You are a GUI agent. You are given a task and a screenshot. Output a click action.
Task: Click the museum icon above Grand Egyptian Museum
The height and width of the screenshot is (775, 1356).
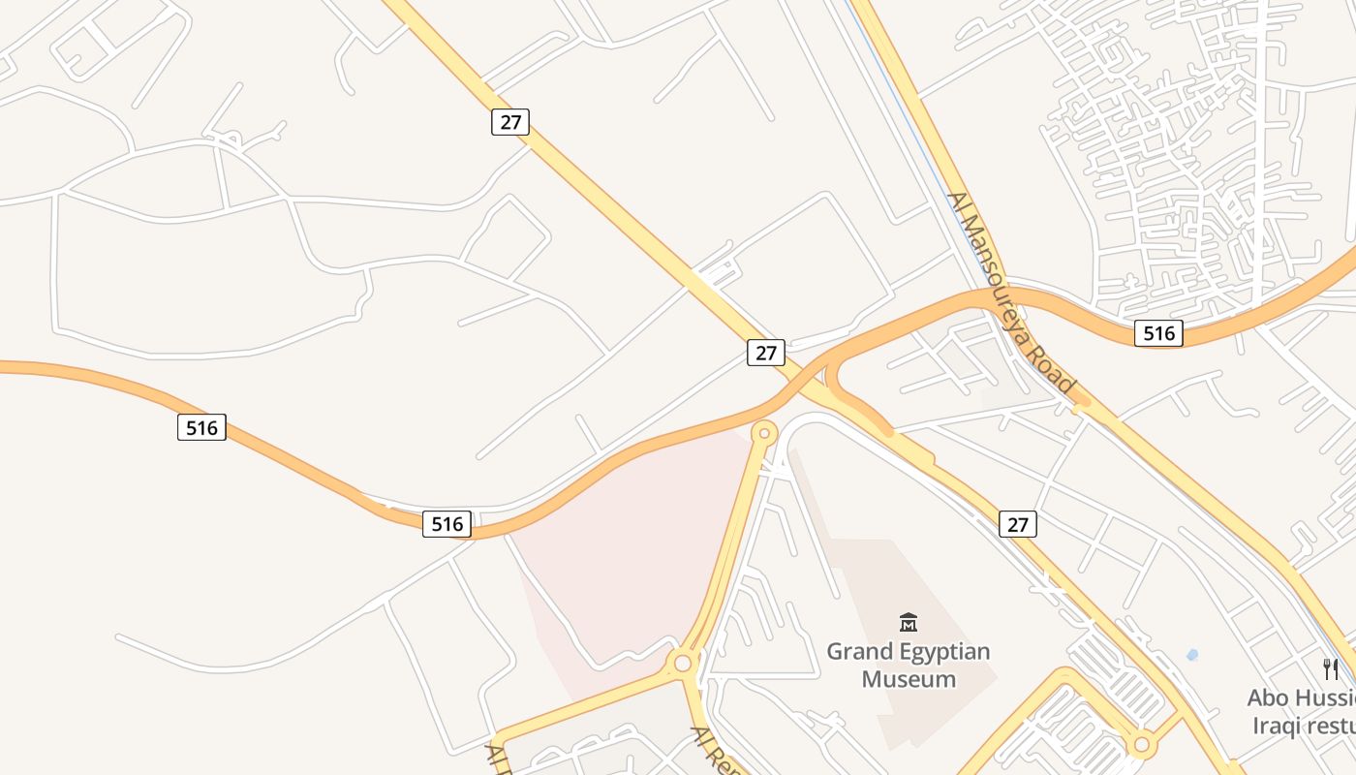coord(909,622)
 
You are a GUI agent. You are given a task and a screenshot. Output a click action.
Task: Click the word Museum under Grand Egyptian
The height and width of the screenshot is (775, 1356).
coord(909,679)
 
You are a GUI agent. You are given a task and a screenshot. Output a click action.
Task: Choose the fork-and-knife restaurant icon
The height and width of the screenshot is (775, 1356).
coord(1331,668)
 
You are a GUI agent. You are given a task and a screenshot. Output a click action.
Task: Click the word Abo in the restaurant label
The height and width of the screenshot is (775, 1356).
coord(1267,697)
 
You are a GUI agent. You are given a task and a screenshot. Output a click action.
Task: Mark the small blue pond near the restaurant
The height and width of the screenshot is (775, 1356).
coord(1192,655)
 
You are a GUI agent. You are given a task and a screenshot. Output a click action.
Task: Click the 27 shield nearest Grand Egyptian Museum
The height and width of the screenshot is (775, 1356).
coord(1018,524)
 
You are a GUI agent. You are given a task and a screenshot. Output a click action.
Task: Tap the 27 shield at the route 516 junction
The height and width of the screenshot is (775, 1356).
coord(766,353)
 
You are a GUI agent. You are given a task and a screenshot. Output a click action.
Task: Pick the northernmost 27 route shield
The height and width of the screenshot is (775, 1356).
coord(510,122)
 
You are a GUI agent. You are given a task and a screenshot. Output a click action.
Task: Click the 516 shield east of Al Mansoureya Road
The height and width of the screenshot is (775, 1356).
coord(1158,333)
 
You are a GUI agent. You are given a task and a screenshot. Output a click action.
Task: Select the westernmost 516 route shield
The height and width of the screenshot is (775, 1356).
coord(201,427)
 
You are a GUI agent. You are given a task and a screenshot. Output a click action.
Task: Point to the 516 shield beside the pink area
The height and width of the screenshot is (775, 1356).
coord(447,524)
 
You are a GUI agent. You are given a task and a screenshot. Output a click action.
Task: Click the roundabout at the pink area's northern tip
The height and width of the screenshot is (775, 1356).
coord(765,432)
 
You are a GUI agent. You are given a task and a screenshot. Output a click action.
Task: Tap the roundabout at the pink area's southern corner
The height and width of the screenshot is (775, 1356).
coord(683,663)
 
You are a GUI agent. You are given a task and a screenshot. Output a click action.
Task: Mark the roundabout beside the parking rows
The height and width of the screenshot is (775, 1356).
coord(1142,745)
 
